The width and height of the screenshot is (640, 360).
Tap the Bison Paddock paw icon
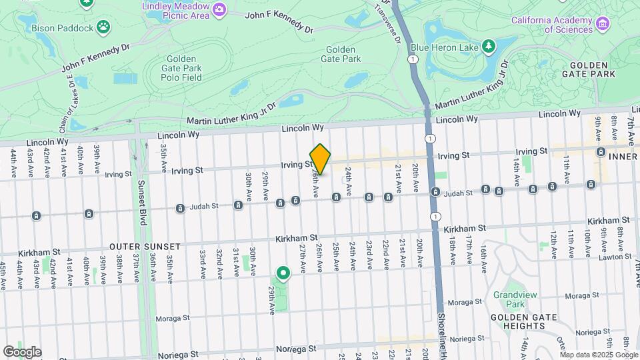point(103,27)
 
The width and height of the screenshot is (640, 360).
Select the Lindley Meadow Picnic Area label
point(177,10)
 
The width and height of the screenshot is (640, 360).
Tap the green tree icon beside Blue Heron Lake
point(490,45)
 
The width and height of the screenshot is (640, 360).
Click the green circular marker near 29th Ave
point(283,273)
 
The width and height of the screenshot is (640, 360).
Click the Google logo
point(22,351)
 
